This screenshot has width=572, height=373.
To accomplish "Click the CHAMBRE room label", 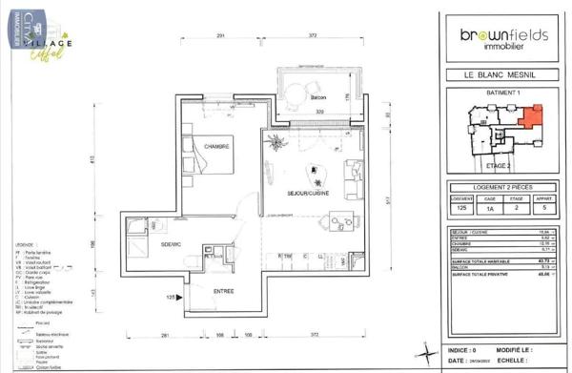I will (216, 146).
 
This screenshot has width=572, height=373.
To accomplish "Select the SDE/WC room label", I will (172, 244).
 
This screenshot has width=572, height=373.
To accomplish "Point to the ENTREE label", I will (223, 290).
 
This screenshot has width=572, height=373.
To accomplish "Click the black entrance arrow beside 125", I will (176, 298).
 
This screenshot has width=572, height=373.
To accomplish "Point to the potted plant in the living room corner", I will (276, 144).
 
